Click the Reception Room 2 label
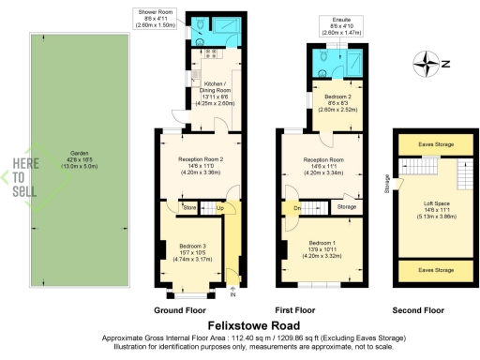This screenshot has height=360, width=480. click(200, 165)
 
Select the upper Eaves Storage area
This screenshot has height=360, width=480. click(426, 144)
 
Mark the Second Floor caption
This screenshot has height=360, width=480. click(420, 308)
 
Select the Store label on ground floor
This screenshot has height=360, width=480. click(190, 208)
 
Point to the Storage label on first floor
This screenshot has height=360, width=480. click(346, 206)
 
